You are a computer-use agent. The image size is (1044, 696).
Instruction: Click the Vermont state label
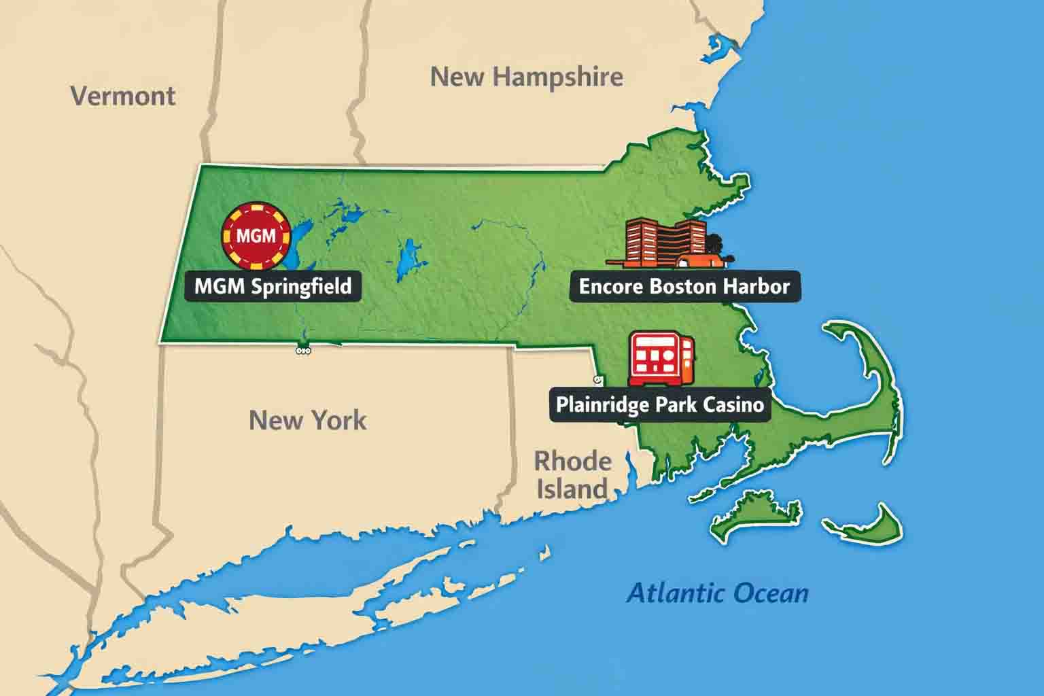click(x=123, y=96)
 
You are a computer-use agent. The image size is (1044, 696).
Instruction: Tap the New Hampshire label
click(x=527, y=77)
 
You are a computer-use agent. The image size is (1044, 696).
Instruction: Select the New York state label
click(x=307, y=420)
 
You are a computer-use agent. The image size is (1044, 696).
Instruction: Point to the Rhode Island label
click(x=572, y=474)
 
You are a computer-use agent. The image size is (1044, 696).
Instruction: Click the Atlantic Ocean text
click(x=718, y=593)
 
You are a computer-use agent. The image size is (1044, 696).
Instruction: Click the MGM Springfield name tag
click(x=273, y=286)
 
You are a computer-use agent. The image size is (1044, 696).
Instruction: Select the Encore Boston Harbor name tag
click(x=684, y=286)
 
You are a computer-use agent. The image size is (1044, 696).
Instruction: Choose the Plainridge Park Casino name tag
click(x=660, y=404)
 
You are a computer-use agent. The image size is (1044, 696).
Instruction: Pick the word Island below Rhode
click(x=572, y=489)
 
